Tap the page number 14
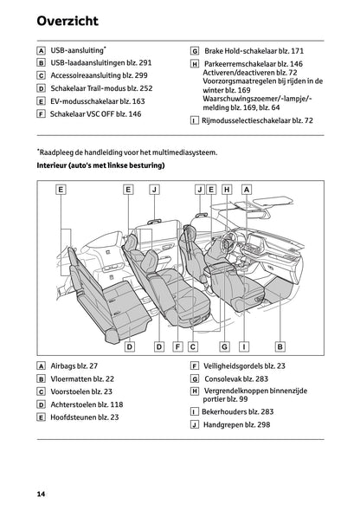click(41, 493)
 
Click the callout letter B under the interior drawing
click(280, 346)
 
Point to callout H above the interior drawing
click(227, 189)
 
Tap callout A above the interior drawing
click(247, 189)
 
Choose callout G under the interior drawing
click(224, 346)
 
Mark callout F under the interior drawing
click(177, 346)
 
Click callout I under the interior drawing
click(245, 346)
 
